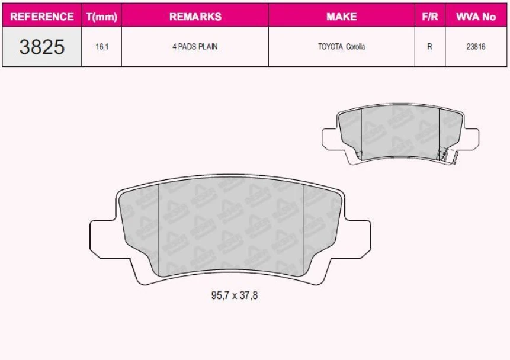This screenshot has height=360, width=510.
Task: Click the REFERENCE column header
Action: (x=42, y=17)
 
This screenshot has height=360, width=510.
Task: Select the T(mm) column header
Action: (x=102, y=17)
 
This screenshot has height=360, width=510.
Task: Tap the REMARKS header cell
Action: (x=195, y=17)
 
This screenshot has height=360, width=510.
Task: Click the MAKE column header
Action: (x=341, y=17)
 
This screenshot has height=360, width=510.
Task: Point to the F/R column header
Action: (x=429, y=17)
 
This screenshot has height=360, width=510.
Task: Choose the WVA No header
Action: (x=476, y=17)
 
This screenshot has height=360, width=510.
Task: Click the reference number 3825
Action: (x=42, y=47)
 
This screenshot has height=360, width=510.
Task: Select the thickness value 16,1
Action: (x=102, y=47)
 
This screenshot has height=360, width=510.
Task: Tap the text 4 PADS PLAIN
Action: (x=195, y=47)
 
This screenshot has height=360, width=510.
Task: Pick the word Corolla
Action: (x=355, y=47)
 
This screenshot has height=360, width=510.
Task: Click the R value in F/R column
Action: (x=429, y=47)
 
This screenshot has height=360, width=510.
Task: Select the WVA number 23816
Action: (x=476, y=47)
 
